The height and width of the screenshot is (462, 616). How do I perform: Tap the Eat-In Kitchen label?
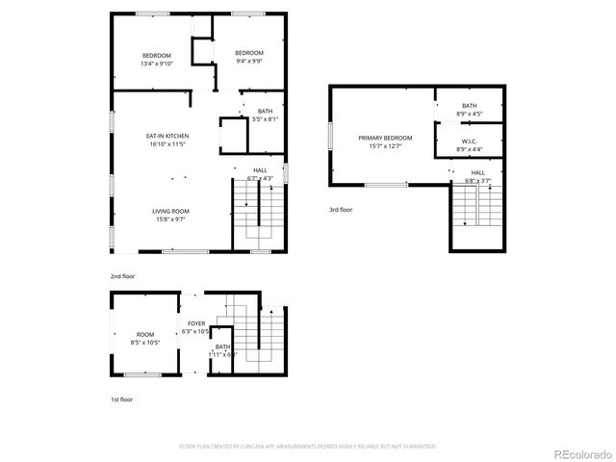click(167, 136)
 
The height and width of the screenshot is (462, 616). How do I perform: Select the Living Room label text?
click(169, 210)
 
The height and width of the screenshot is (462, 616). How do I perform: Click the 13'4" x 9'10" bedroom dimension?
click(156, 64)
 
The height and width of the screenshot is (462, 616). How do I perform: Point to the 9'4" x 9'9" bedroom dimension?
click(249, 61)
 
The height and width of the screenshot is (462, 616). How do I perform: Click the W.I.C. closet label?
click(469, 141)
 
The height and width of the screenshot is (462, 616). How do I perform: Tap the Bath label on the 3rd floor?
click(469, 106)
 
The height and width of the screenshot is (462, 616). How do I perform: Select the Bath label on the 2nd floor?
click(265, 112)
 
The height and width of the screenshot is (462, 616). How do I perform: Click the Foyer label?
click(195, 323)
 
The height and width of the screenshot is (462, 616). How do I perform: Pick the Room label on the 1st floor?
click(144, 333)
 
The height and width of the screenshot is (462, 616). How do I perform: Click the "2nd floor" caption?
click(122, 276)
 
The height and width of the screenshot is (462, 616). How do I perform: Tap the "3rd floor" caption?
click(342, 209)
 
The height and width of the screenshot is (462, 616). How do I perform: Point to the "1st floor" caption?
click(121, 398)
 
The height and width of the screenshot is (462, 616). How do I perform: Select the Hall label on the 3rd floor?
click(477, 172)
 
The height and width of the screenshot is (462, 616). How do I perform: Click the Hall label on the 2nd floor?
click(260, 169)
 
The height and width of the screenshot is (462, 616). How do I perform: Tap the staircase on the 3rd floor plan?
click(476, 205)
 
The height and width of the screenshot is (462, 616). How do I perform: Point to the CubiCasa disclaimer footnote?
click(308, 446)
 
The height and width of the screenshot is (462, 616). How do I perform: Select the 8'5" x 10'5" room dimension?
click(144, 342)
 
